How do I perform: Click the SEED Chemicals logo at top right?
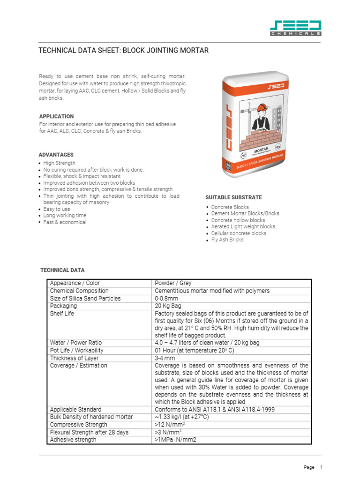pyautogui.click(x=296, y=28)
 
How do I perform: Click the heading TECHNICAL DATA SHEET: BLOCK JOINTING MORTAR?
pyautogui.click(x=123, y=50)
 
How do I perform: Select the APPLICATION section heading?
pyautogui.click(x=56, y=116)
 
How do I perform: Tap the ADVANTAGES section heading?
pyautogui.click(x=56, y=155)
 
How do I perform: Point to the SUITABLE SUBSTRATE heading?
pyautogui.click(x=233, y=197)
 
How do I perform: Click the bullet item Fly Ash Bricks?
pyautogui.click(x=227, y=240)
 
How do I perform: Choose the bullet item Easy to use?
pyautogui.click(x=57, y=209)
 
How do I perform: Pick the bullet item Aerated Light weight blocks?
pyautogui.click(x=243, y=226)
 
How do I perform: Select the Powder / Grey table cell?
pyautogui.click(x=173, y=283)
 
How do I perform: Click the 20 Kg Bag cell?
pyautogui.click(x=167, y=306)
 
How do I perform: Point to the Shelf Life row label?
pyautogui.click(x=62, y=313)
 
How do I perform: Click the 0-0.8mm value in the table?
pyautogui.click(x=166, y=298)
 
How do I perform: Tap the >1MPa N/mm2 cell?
pyautogui.click(x=175, y=440)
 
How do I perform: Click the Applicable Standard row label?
pyautogui.click(x=75, y=409)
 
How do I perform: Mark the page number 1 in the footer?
pyautogui.click(x=321, y=467)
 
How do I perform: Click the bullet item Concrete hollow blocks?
pyautogui.click(x=238, y=220)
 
